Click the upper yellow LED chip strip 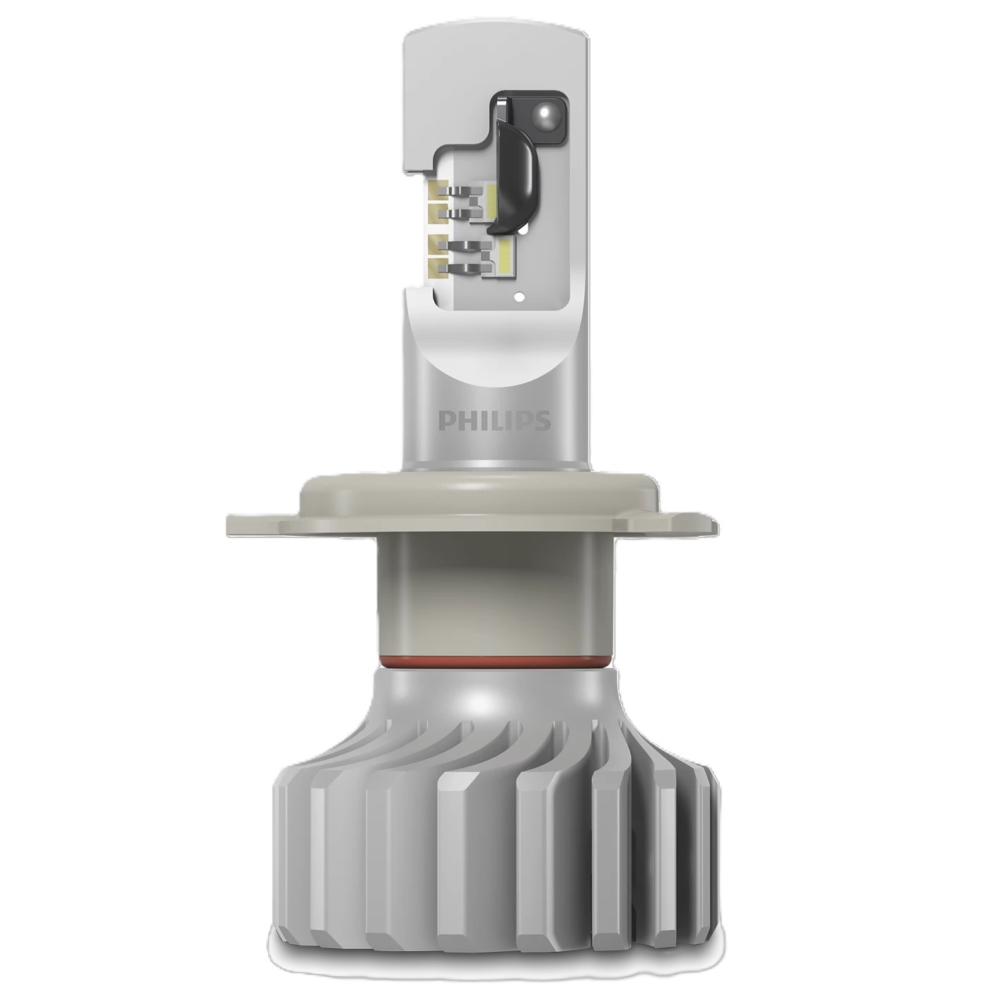491,206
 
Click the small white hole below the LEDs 520,296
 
